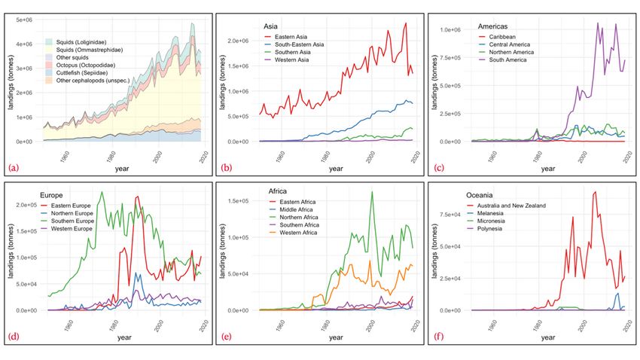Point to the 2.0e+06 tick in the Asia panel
(x=236, y=41)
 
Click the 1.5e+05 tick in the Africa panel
(x=236, y=201)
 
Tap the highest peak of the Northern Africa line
(x=371, y=192)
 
